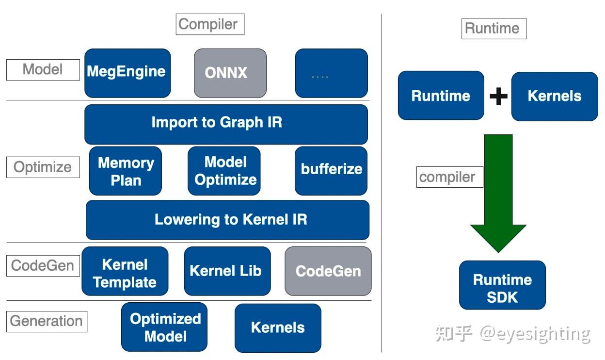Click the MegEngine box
(127, 73)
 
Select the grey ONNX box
(230, 73)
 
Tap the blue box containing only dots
(331, 73)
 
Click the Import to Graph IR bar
(226, 124)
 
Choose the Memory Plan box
(126, 171)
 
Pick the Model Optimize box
(224, 171)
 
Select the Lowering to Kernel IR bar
(227, 220)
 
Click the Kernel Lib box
(227, 271)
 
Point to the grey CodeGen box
(328, 271)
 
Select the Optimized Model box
(164, 327)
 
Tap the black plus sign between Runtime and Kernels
(498, 96)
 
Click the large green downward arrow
(498, 194)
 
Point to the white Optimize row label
(43, 167)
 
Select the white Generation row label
(47, 321)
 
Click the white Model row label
(43, 70)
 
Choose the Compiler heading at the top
(209, 24)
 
